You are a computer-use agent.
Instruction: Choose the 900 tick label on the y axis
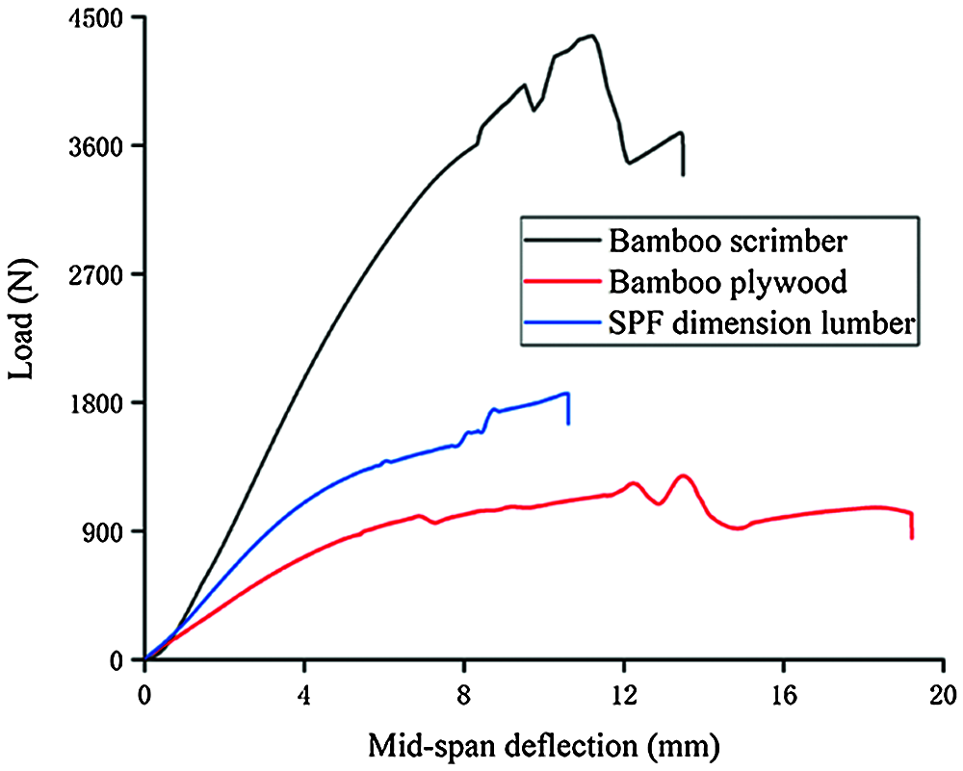pos(108,531)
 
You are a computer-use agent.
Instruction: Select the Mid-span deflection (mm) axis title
pos(544,744)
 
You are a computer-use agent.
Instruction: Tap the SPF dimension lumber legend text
pos(760,324)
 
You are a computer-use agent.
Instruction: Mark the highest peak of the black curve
pos(591,37)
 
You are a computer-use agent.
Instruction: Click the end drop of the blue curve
pos(568,409)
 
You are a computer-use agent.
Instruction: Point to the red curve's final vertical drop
pos(911,526)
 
